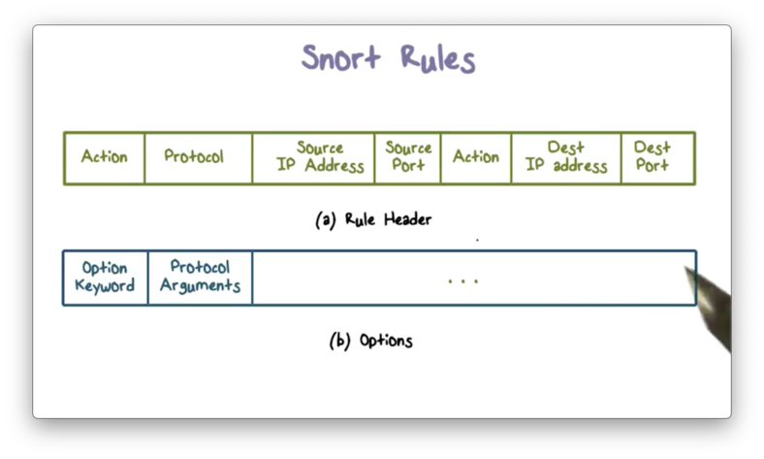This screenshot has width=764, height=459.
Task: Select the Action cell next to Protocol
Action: coord(104,156)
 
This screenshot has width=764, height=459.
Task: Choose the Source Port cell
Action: coord(408,157)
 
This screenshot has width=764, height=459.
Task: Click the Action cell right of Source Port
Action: coord(475,156)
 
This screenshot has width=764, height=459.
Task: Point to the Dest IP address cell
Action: coord(566,157)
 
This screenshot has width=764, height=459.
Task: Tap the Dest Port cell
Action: coord(653,157)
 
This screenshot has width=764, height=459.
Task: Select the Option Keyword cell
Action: coord(105,277)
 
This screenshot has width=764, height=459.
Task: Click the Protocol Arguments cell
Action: coord(200,277)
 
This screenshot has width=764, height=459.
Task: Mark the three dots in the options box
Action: coord(463,281)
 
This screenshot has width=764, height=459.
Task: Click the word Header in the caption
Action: coord(407,219)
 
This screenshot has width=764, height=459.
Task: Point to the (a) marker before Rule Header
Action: coord(326,219)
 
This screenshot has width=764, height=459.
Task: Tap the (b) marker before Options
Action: coord(339,341)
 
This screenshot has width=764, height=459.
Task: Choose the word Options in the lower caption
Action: coord(386,342)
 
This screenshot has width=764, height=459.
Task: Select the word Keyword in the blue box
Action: coord(105,286)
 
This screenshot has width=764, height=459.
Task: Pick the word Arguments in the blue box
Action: coord(200,286)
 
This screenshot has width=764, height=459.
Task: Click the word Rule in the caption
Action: coord(360,219)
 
